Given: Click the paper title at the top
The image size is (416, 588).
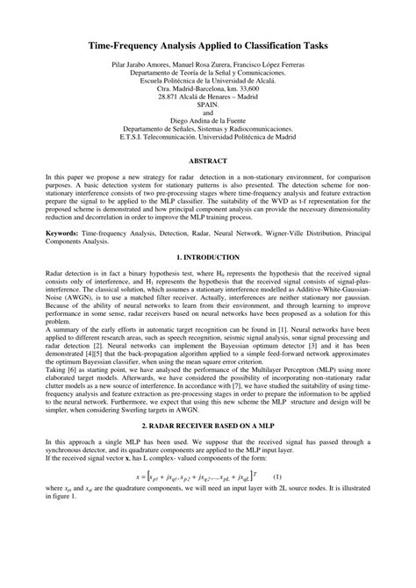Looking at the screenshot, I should click(x=208, y=40).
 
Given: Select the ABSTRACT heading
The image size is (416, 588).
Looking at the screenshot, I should click(x=208, y=161).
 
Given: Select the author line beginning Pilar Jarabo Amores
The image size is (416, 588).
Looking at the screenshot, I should click(x=208, y=65).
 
